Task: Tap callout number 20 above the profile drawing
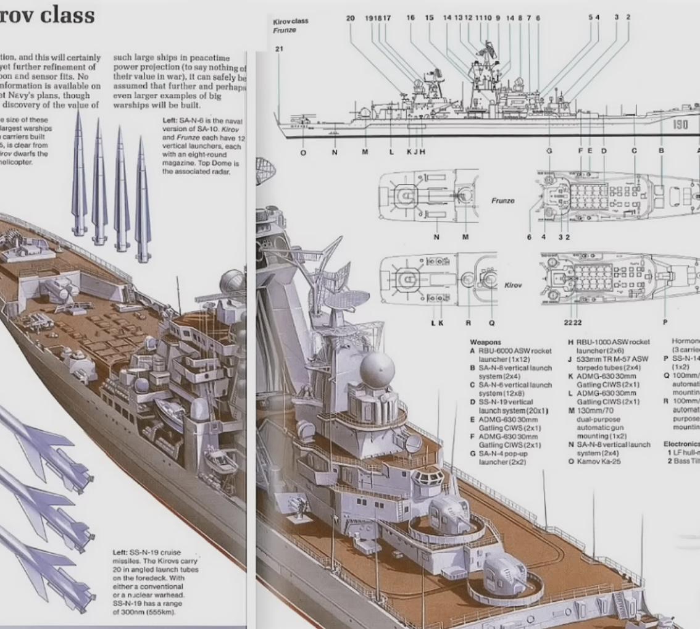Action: [x=350, y=18]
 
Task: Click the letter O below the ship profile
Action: [x=302, y=152]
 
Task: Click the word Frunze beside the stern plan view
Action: [x=502, y=201]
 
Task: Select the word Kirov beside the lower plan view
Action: [x=514, y=286]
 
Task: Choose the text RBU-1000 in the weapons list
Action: [x=591, y=341]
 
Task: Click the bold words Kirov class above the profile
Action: [x=290, y=21]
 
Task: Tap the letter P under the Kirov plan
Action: [x=665, y=322]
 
